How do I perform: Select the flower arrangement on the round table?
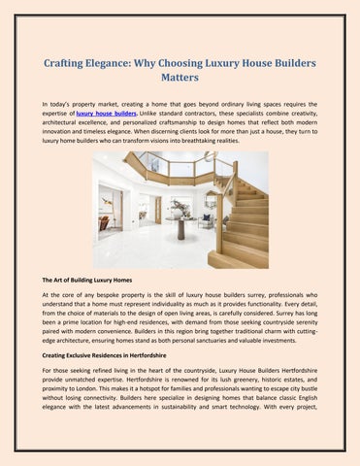[x=181, y=207]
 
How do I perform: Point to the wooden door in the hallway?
[x=157, y=209]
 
